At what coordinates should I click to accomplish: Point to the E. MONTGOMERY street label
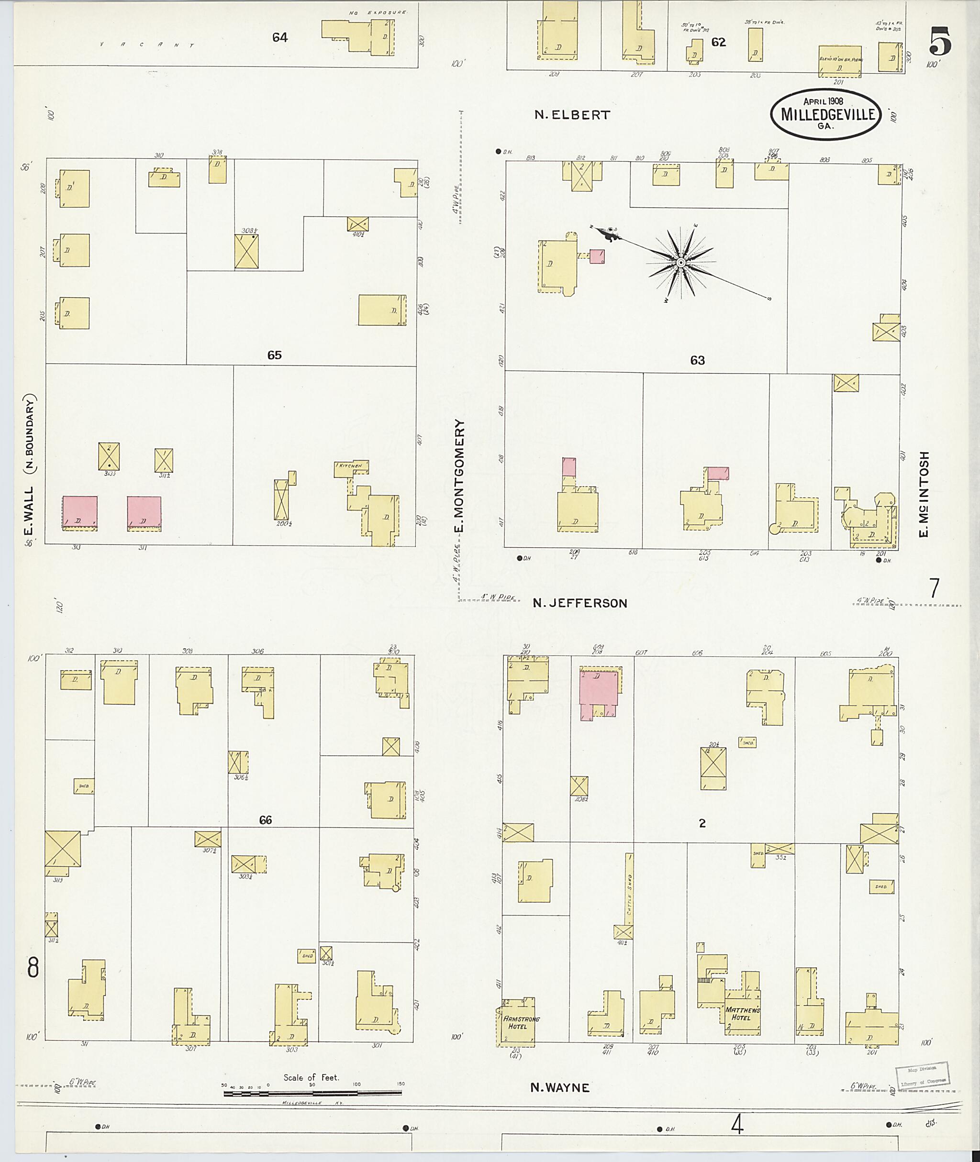(x=459, y=475)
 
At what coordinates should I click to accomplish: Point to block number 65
(x=275, y=355)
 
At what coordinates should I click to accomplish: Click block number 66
(x=265, y=820)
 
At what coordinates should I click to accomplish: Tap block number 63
(x=697, y=361)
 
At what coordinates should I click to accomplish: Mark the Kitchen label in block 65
(x=351, y=465)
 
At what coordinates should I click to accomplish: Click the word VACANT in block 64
(x=147, y=44)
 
